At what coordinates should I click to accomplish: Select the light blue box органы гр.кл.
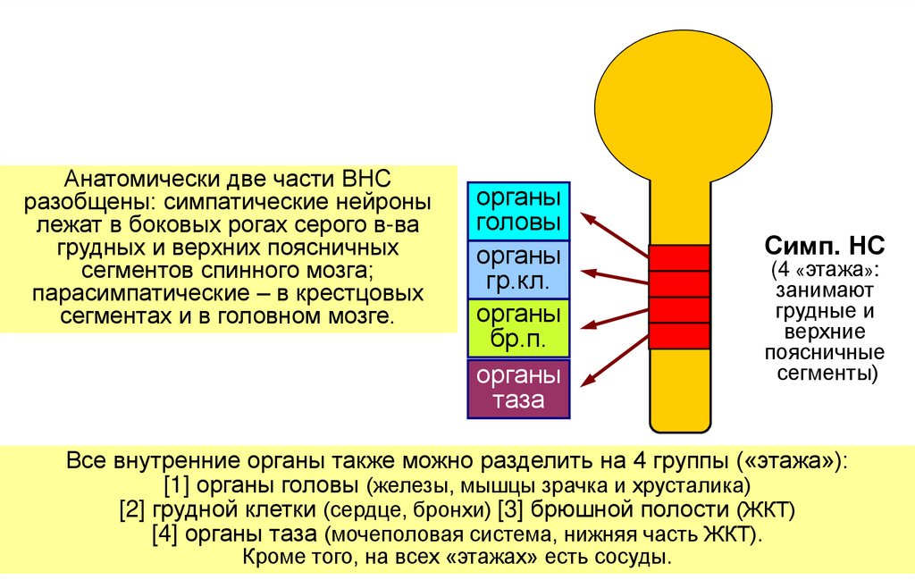click(x=519, y=269)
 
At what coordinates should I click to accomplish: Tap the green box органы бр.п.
click(x=519, y=328)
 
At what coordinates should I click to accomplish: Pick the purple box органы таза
click(x=519, y=388)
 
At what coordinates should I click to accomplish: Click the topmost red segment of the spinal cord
click(x=679, y=257)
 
